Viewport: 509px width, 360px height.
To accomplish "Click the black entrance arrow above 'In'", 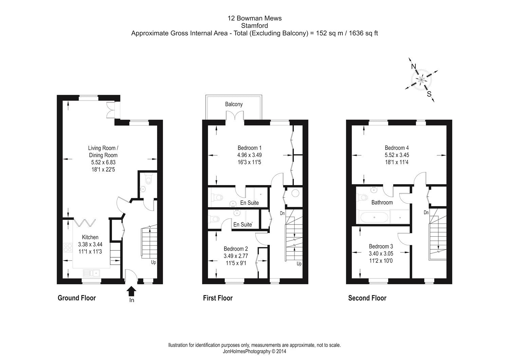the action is tap(131, 291).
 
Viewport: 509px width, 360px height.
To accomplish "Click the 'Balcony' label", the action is tap(234, 104).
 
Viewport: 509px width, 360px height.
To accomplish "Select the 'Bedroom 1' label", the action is tap(249, 148).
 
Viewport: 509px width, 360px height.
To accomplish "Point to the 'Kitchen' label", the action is tap(90, 237).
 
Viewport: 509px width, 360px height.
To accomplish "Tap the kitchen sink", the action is tap(91, 273).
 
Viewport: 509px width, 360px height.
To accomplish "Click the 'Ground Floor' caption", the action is tap(77, 298).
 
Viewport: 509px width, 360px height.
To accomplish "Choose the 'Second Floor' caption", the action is tap(367, 298).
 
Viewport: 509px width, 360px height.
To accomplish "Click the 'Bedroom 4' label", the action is tap(397, 148).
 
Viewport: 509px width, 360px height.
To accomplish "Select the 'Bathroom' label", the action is tap(382, 202).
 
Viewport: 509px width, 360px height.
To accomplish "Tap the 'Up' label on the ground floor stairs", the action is tap(153, 262).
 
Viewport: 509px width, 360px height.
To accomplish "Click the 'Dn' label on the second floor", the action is tap(427, 213).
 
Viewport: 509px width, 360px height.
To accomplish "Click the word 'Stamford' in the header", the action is tap(254, 25).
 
